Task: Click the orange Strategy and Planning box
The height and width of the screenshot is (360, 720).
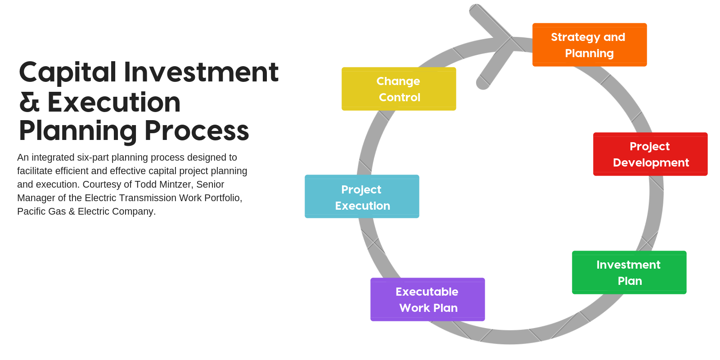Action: [589, 45]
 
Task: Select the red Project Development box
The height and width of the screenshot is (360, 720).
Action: [650, 154]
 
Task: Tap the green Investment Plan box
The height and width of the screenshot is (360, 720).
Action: [629, 272]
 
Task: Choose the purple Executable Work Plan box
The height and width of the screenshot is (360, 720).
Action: [427, 299]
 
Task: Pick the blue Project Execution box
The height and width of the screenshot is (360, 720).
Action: [362, 197]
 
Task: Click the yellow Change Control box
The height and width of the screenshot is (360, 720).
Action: [399, 89]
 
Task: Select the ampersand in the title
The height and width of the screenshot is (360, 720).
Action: [29, 102]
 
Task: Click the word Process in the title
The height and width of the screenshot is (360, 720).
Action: [197, 131]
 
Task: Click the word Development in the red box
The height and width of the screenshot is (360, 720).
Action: [651, 162]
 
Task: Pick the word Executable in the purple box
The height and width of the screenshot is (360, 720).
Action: [427, 292]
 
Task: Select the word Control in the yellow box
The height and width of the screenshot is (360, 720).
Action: [400, 97]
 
